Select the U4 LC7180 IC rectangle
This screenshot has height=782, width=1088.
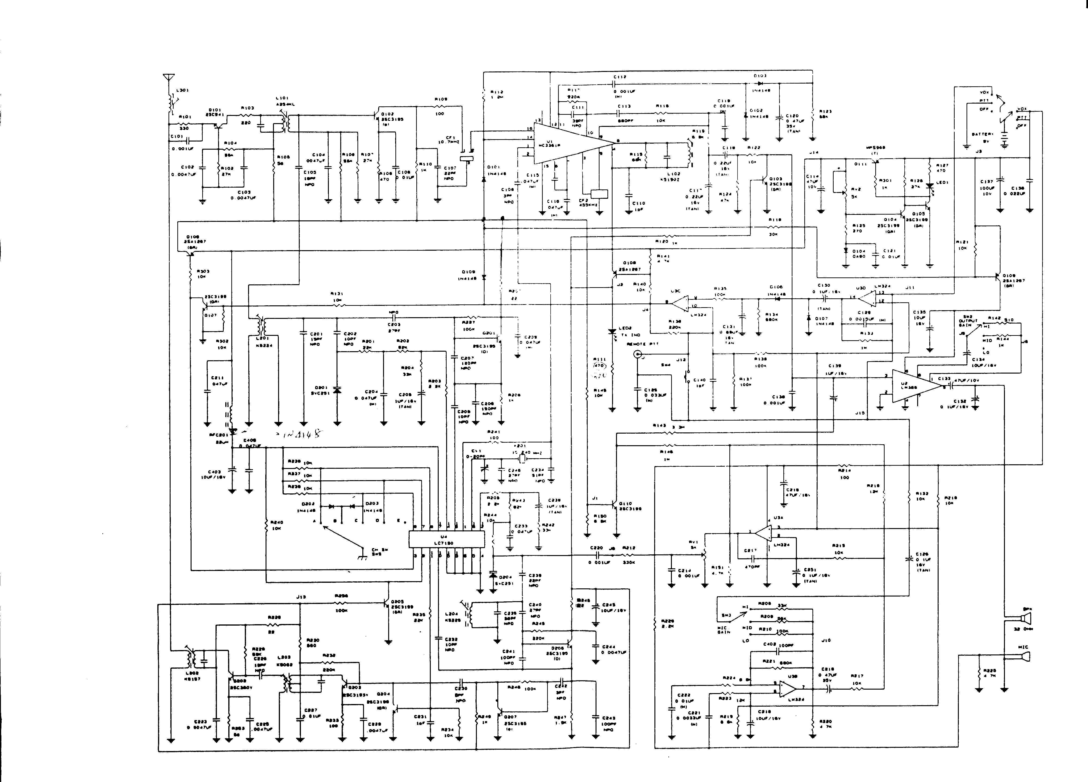point(446,540)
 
